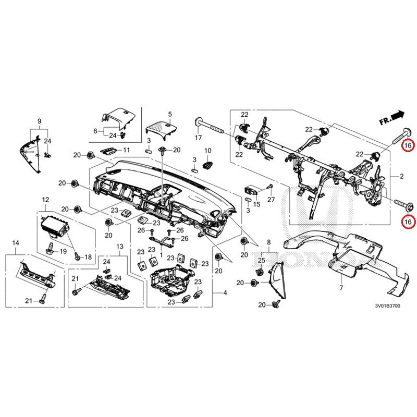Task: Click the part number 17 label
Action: point(198,138)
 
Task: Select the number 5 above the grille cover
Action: point(169,114)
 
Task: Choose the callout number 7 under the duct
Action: point(340,288)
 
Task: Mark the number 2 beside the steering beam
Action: point(402,177)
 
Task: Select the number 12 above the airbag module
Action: point(45,199)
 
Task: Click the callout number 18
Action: point(88,257)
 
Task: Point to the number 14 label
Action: point(15,243)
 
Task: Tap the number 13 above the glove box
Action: point(119,246)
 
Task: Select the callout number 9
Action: point(39,121)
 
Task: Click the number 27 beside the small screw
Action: point(271,200)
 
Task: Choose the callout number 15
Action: point(256,204)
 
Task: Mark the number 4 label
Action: point(225,293)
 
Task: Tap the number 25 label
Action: point(262,260)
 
